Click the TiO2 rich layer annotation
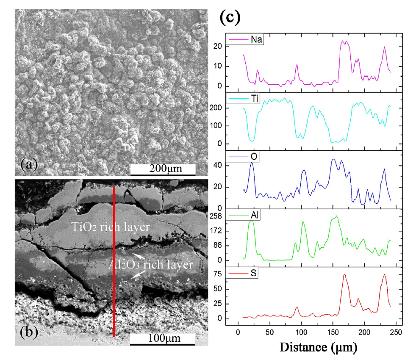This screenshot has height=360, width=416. pos(111,227)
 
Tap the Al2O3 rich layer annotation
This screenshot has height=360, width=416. pos(150,265)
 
